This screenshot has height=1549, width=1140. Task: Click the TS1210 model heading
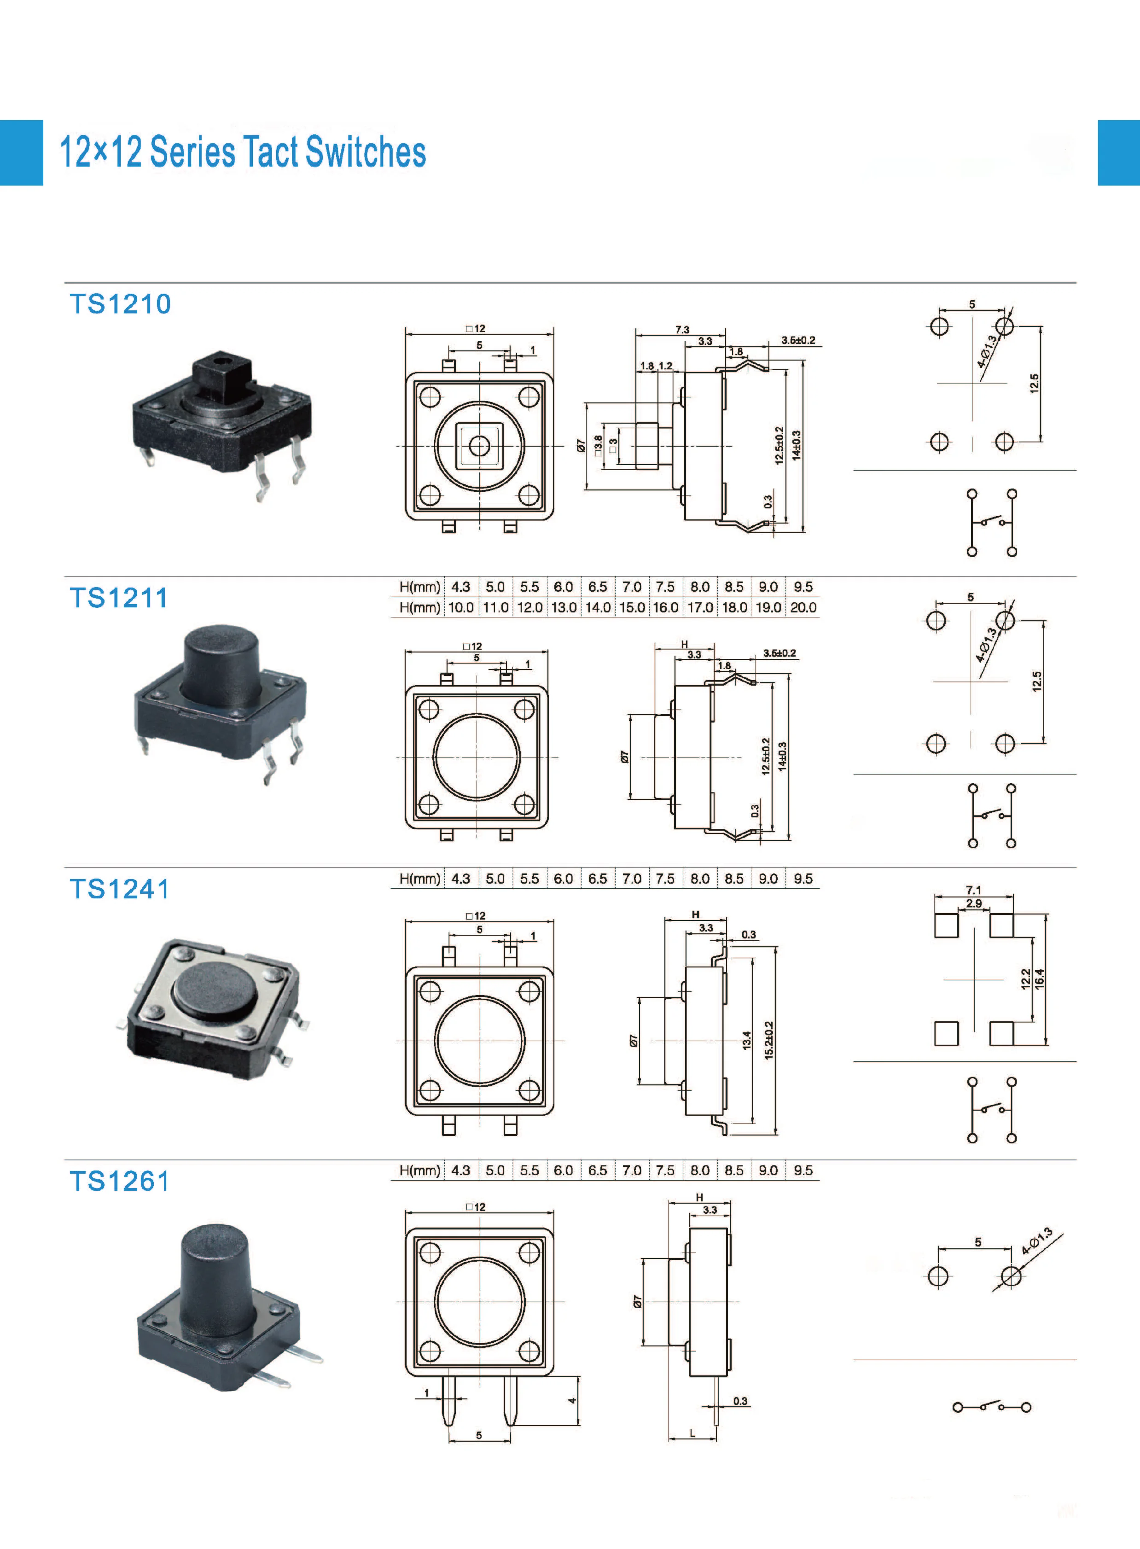(x=120, y=304)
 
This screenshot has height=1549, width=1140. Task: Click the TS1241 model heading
(x=119, y=889)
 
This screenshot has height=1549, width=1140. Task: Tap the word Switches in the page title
(x=365, y=152)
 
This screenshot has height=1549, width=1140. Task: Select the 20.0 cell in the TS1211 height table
(x=803, y=608)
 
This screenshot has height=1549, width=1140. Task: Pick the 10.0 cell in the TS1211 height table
(x=461, y=608)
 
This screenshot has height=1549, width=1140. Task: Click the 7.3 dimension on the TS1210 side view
(x=682, y=330)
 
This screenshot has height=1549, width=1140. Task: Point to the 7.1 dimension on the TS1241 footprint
(x=973, y=890)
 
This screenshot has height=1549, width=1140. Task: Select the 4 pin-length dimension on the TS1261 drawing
(x=571, y=1401)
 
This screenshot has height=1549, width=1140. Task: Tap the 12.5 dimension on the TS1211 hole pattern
(x=1036, y=681)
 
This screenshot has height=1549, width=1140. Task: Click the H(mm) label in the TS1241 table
(x=419, y=879)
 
